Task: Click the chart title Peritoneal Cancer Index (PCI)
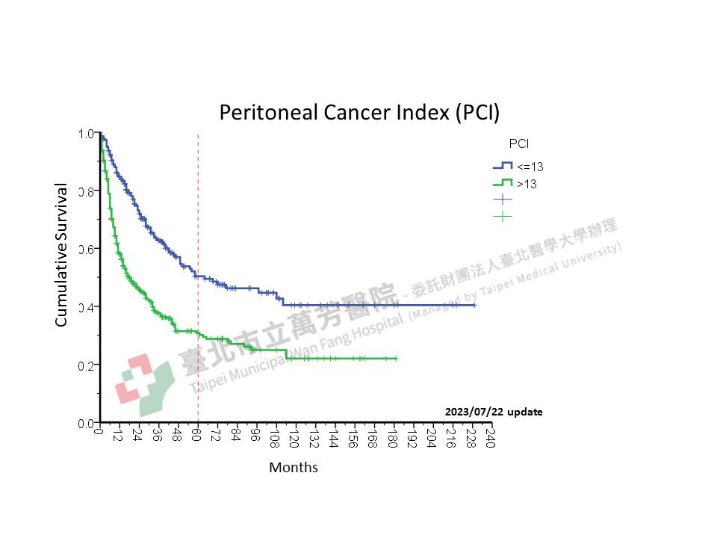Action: pyautogui.click(x=358, y=112)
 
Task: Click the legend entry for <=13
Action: pyautogui.click(x=530, y=166)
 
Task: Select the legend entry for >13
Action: pyautogui.click(x=527, y=184)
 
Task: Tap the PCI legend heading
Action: pyautogui.click(x=518, y=143)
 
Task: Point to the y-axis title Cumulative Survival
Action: pyautogui.click(x=62, y=256)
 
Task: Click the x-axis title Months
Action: pyautogui.click(x=294, y=468)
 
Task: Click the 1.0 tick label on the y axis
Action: pyautogui.click(x=86, y=134)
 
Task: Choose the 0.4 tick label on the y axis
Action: pyautogui.click(x=86, y=307)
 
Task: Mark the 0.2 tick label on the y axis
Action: pyautogui.click(x=86, y=365)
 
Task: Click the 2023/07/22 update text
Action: pyautogui.click(x=494, y=412)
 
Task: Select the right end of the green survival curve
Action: pyautogui.click(x=397, y=359)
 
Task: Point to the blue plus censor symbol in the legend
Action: pyautogui.click(x=503, y=200)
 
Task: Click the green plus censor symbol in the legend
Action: pyautogui.click(x=503, y=217)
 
